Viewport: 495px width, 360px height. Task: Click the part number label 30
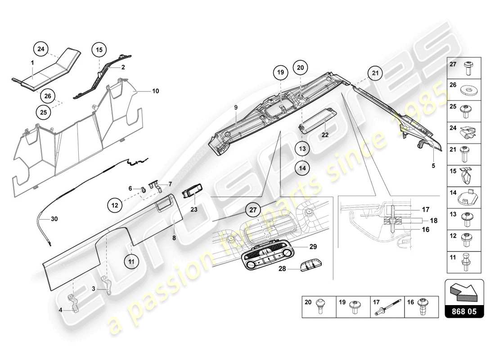click(x=54, y=219)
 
